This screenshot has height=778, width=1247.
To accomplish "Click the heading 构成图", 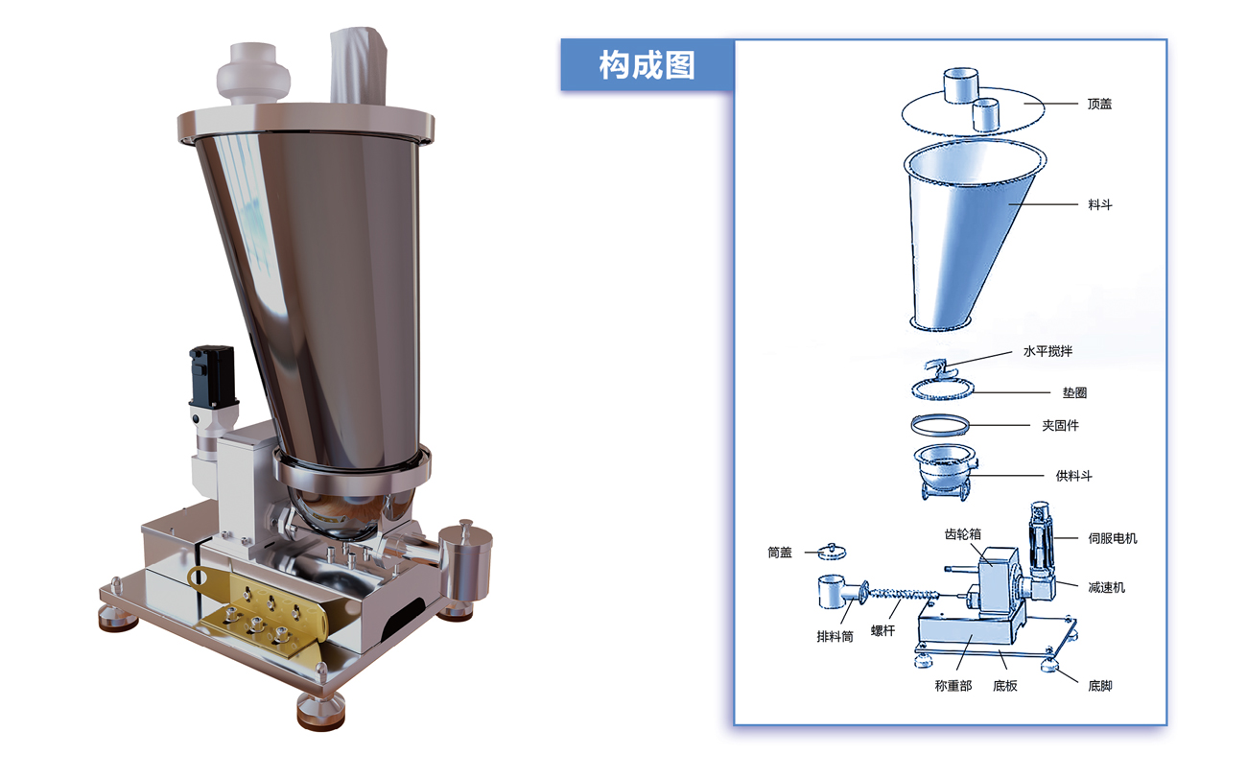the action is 647,65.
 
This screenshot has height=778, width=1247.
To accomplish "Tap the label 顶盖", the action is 1099,105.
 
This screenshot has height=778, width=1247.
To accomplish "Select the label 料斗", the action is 1100,205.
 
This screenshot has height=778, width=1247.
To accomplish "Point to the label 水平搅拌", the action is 1047,351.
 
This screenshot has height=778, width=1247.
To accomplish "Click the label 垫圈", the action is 1074,393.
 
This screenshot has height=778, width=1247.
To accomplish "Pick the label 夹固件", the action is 1061,426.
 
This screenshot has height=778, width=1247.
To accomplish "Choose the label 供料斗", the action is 1074,476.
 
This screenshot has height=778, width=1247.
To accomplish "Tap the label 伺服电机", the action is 1113,538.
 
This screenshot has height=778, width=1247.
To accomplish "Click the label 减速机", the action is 1107,587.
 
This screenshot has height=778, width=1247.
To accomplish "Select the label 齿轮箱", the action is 962,534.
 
